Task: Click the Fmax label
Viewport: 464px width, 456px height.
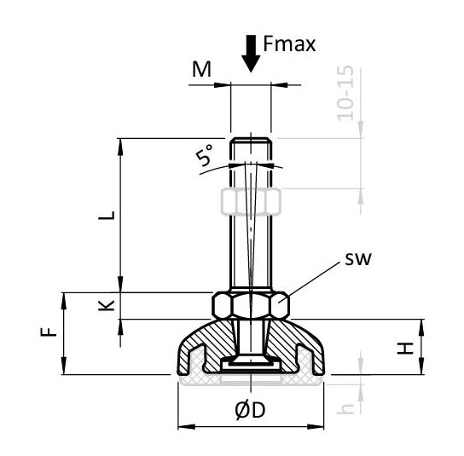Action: [289, 43]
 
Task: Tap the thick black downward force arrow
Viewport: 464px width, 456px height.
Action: [251, 54]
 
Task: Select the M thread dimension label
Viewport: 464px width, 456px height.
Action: [201, 69]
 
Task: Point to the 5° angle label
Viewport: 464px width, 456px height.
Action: [204, 154]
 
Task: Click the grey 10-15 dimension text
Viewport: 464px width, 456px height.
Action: [345, 93]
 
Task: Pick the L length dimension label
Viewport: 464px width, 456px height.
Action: [107, 215]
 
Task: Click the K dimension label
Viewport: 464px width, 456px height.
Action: [107, 305]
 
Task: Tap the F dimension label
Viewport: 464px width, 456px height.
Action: [49, 332]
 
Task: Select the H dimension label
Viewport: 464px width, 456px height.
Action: [405, 348]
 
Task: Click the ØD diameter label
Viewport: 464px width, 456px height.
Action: [250, 411]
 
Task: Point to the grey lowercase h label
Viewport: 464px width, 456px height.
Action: [345, 408]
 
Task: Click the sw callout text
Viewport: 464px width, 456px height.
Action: [357, 259]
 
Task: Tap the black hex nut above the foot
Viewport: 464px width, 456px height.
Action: [251, 305]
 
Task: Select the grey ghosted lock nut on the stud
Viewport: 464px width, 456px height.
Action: [251, 201]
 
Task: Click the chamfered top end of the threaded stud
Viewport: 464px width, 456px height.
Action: [251, 141]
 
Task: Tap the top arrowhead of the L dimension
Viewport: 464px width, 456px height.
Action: [120, 147]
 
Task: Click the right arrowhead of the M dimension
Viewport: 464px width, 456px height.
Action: [280, 85]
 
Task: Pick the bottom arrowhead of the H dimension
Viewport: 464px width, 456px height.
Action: [421, 367]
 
